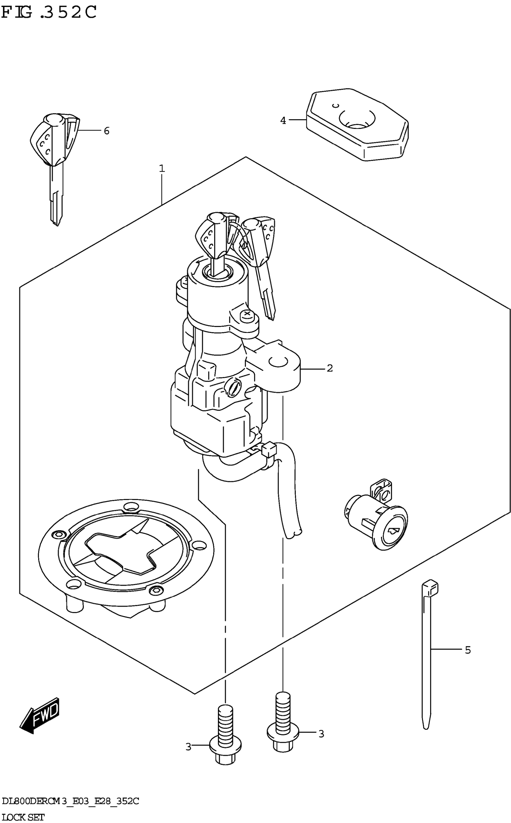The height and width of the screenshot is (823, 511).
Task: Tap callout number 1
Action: (162, 168)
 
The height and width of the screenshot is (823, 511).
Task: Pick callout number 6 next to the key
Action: (106, 131)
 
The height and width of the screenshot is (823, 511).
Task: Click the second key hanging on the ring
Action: (262, 257)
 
